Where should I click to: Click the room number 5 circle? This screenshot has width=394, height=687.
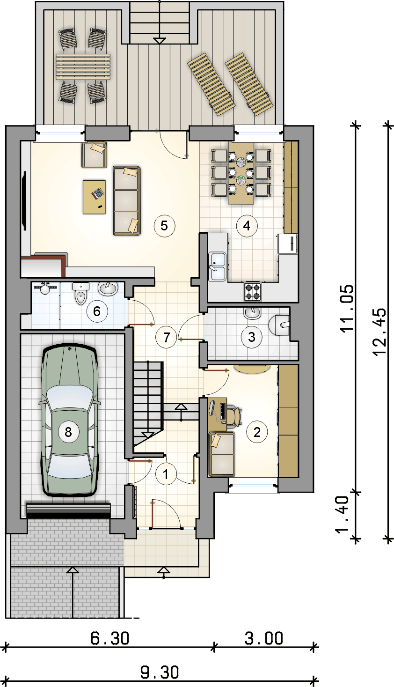point(164,226)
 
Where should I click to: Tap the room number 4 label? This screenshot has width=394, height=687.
point(247,226)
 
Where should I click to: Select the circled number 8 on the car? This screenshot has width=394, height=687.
point(68,432)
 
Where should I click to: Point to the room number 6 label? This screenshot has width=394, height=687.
point(97,311)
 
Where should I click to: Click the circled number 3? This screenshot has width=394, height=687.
point(252,337)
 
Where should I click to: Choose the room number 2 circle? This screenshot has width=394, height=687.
point(257,432)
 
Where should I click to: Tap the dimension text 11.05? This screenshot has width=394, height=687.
point(347,308)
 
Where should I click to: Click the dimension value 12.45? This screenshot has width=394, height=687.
point(380,332)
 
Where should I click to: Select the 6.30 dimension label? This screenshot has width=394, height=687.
point(109,638)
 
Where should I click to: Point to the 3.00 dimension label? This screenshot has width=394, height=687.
point(264,638)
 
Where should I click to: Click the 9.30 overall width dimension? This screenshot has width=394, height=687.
point(160,672)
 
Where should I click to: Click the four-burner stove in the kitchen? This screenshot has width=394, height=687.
point(253,292)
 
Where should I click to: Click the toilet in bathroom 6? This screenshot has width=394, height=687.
point(81,294)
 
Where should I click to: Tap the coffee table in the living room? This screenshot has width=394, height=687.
point(95,197)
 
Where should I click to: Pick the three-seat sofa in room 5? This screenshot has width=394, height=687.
point(127,201)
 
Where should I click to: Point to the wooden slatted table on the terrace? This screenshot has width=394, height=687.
point(83,67)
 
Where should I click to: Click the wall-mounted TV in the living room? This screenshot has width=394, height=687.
point(24,201)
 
